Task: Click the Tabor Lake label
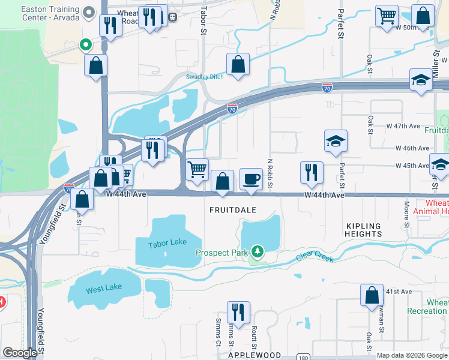(x=167, y=242)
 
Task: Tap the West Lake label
(x=103, y=289)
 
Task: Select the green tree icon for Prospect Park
(x=258, y=250)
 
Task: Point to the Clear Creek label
(x=315, y=256)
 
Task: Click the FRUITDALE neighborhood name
(x=233, y=211)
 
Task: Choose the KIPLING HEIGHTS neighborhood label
(x=364, y=230)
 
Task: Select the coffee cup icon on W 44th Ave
(x=251, y=179)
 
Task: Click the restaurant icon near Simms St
(x=238, y=313)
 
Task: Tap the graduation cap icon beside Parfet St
(x=336, y=141)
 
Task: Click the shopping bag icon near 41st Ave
(x=372, y=295)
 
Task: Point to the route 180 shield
(x=304, y=358)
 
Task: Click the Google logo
(x=20, y=353)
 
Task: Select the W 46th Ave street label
(x=412, y=148)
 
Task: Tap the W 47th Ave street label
(x=403, y=127)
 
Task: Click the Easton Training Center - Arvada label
(x=51, y=13)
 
